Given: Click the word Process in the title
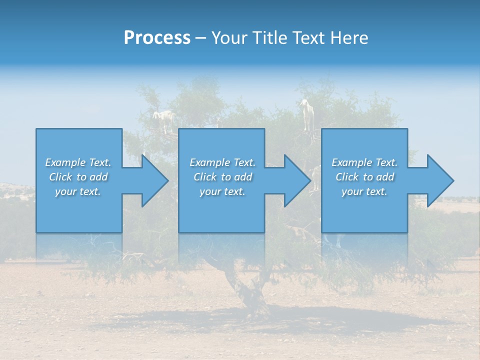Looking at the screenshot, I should (x=157, y=38).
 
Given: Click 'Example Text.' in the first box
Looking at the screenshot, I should (x=78, y=162).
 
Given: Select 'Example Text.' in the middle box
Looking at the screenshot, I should (x=222, y=162).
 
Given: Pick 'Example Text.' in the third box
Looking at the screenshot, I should (x=364, y=162).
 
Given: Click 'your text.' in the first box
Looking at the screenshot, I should (x=78, y=191).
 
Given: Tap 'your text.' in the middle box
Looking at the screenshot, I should (x=222, y=191).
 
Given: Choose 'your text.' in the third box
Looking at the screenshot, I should (x=364, y=191).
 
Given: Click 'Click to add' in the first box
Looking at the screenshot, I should (x=78, y=177).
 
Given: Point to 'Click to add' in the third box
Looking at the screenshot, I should (x=364, y=177).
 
